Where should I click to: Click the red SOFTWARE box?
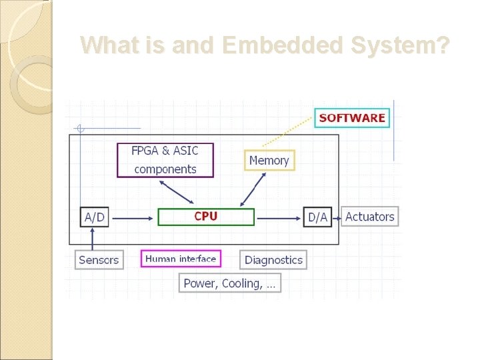pos(351,117)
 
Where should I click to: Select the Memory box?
pos(269,160)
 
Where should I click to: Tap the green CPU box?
pos(206,217)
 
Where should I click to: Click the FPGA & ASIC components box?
pos(165,160)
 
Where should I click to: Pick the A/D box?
pos(95,217)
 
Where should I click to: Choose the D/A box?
pos(317,217)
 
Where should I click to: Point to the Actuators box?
pos(370,217)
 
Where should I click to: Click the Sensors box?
pos(99,259)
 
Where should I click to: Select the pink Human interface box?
pos(181,259)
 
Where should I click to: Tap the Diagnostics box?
pos(273,259)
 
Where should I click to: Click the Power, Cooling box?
pos(229,283)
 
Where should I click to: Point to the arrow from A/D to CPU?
pos(133,217)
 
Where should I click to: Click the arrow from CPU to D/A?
pos(279,217)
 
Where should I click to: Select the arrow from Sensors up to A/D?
pos(93,239)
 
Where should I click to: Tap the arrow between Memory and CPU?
pos(253,189)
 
